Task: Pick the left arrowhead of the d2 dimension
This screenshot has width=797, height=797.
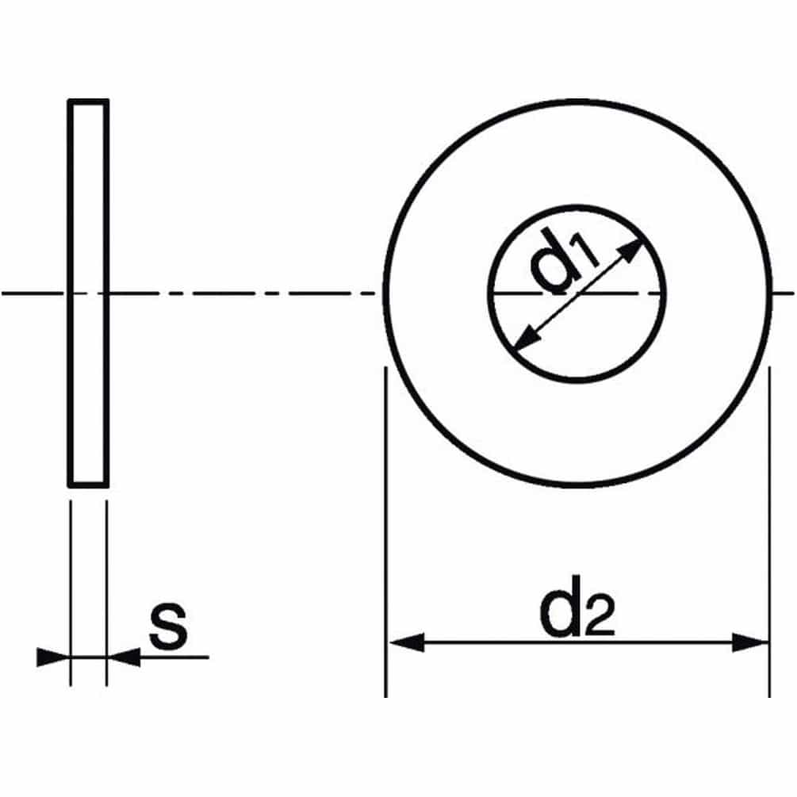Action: (405, 642)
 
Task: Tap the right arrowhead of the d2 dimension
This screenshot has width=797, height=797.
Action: (750, 642)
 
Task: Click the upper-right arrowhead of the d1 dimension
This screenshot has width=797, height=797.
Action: (632, 251)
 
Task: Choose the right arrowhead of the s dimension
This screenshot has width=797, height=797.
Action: (124, 657)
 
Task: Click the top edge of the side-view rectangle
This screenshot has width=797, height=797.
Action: (88, 102)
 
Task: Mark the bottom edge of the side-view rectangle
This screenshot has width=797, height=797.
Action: (88, 485)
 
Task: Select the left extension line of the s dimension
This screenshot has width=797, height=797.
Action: (71, 587)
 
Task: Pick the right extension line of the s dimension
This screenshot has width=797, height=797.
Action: (105, 587)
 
